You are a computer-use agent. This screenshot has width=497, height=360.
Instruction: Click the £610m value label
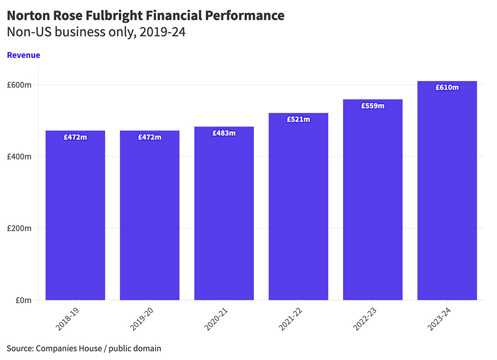[x=447, y=88]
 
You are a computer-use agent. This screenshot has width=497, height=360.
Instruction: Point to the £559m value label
[x=372, y=106]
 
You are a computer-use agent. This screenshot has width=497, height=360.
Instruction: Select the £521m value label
[x=298, y=119]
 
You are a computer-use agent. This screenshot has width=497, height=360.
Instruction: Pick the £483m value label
[x=224, y=133]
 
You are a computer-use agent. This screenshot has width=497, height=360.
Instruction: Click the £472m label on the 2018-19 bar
[x=75, y=137]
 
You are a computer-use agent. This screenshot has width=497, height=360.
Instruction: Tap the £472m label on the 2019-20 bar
[x=149, y=137]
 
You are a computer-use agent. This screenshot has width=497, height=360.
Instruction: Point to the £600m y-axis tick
[x=19, y=85]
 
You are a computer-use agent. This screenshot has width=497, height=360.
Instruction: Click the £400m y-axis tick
[x=19, y=157]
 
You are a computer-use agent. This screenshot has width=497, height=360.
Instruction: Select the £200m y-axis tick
[x=19, y=229]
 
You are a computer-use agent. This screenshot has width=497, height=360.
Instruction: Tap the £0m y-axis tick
[x=23, y=300]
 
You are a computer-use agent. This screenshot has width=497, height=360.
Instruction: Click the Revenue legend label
[x=23, y=55]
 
